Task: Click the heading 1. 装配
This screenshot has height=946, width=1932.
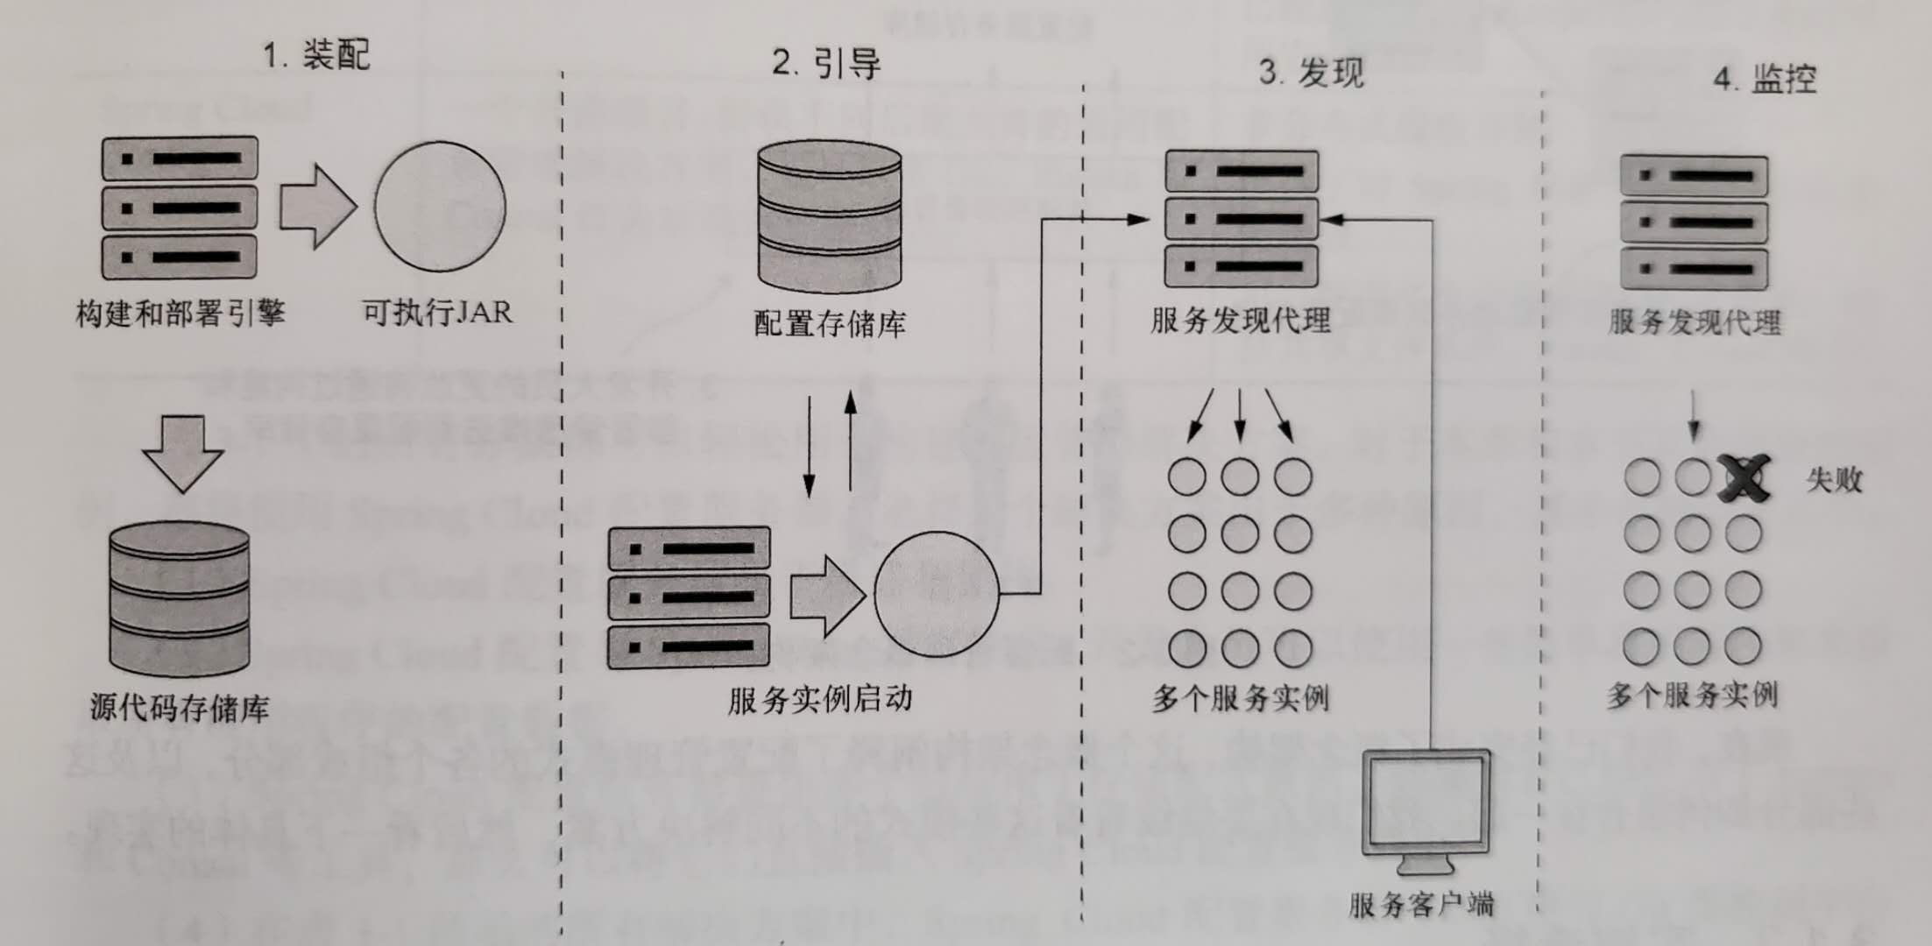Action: pyautogui.click(x=316, y=56)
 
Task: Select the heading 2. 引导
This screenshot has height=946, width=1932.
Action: pyautogui.click(x=825, y=63)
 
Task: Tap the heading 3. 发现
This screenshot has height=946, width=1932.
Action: pyautogui.click(x=1311, y=72)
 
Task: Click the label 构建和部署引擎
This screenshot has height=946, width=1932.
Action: pyautogui.click(x=180, y=313)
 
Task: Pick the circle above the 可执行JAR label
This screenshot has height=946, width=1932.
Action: pyautogui.click(x=440, y=206)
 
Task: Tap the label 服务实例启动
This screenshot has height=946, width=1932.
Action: pyautogui.click(x=820, y=699)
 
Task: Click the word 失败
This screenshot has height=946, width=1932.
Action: pyautogui.click(x=1834, y=480)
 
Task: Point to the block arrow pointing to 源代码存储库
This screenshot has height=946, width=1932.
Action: pyautogui.click(x=182, y=452)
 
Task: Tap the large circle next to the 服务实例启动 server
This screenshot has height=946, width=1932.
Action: pyautogui.click(x=936, y=596)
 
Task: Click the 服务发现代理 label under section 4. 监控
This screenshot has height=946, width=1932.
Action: pyautogui.click(x=1694, y=322)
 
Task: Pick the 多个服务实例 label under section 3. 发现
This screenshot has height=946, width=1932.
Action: pyautogui.click(x=1240, y=699)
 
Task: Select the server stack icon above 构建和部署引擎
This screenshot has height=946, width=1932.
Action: pyautogui.click(x=180, y=208)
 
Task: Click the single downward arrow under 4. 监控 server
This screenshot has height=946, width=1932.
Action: pyautogui.click(x=1693, y=416)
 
